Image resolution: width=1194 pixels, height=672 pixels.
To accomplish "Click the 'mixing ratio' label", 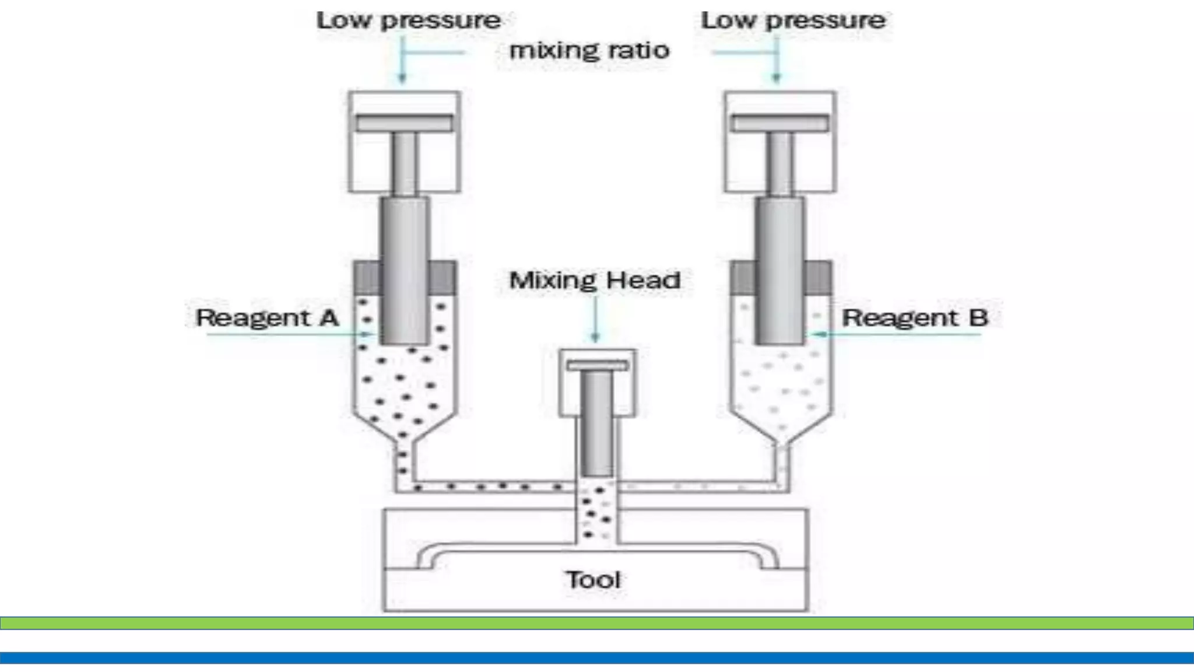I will (589, 51).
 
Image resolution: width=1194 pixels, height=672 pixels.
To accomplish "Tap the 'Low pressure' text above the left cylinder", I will (408, 21).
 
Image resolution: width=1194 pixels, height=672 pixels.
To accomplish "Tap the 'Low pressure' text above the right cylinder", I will (793, 21).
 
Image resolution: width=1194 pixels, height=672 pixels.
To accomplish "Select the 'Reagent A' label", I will (267, 318).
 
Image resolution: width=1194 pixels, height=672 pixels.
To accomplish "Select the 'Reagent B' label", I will (915, 318).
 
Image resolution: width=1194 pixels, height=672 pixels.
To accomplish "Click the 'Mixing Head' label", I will (595, 281).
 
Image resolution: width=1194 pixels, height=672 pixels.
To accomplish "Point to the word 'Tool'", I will (593, 580).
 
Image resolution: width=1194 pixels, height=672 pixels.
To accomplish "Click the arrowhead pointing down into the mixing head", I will (595, 338).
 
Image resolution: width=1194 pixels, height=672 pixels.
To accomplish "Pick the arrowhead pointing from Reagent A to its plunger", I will (368, 334).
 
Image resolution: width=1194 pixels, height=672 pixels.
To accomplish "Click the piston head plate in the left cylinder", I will (405, 123).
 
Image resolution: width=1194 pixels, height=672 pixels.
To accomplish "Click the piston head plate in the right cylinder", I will (780, 123).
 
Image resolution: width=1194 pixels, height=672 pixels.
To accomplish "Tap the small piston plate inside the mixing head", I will (598, 366).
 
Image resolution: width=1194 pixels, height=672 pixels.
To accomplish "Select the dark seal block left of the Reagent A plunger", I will (367, 278).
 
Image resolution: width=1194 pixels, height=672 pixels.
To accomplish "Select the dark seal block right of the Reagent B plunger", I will (819, 278).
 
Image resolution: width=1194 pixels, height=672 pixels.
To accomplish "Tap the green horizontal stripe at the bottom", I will (597, 623).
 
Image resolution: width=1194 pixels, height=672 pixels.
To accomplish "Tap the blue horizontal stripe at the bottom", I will (597, 658).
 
